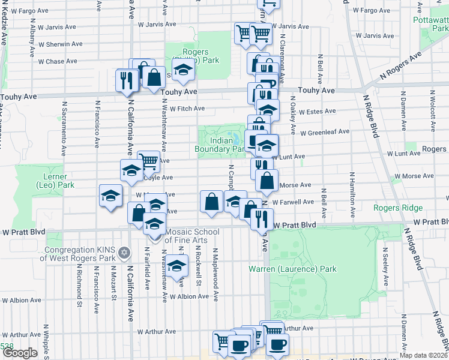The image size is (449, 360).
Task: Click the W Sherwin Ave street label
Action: pyautogui.click(x=60, y=44)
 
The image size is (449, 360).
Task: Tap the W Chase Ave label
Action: pyautogui.click(x=58, y=61)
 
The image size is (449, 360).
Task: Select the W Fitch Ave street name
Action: pyautogui.click(x=187, y=109)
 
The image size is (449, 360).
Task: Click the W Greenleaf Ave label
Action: pyautogui.click(x=325, y=132)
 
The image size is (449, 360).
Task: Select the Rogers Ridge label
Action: pyautogui.click(x=398, y=208)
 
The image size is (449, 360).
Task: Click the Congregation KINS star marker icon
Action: pyautogui.click(x=124, y=252)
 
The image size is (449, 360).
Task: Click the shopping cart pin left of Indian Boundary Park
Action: pyautogui.click(x=148, y=160)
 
